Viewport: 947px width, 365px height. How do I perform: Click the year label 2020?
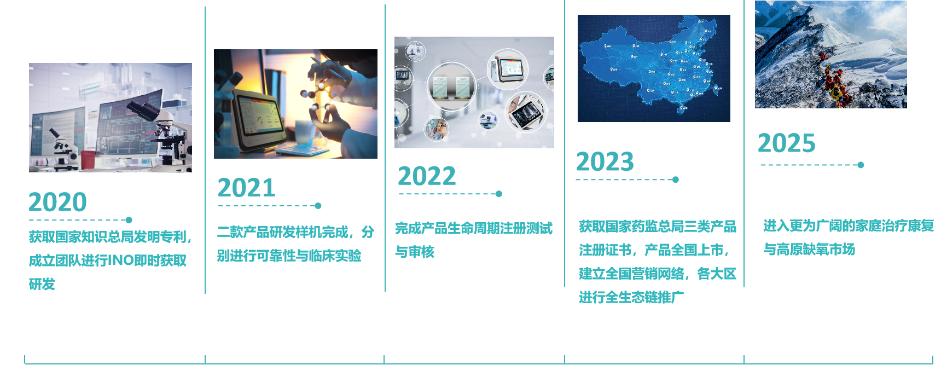pyautogui.click(x=57, y=202)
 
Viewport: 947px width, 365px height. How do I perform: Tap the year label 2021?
pyautogui.click(x=246, y=188)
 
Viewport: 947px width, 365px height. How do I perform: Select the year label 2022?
pyautogui.click(x=427, y=176)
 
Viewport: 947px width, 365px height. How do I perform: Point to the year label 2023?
pyautogui.click(x=605, y=161)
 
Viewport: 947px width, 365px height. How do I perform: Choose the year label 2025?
pyautogui.click(x=786, y=143)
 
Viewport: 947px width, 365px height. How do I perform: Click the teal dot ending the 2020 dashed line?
pyautogui.click(x=129, y=220)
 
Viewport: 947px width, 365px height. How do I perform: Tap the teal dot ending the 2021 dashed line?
pyautogui.click(x=318, y=206)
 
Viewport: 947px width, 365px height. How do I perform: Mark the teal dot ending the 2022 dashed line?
pyautogui.click(x=499, y=194)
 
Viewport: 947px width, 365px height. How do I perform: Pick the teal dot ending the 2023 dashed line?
pyautogui.click(x=676, y=179)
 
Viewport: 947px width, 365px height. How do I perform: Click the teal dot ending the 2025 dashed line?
pyautogui.click(x=861, y=165)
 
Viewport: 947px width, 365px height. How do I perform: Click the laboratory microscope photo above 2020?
pyautogui.click(x=111, y=118)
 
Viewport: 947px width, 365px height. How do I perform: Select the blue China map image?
pyautogui.click(x=654, y=68)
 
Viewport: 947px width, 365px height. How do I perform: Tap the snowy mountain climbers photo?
pyautogui.click(x=831, y=54)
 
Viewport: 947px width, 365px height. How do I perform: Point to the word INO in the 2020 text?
pyautogui.click(x=120, y=260)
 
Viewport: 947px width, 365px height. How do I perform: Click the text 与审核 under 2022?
pyautogui.click(x=415, y=252)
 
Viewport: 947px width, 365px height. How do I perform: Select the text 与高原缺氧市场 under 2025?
pyautogui.click(x=809, y=250)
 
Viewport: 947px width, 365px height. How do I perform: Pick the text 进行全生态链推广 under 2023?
pyautogui.click(x=631, y=297)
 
